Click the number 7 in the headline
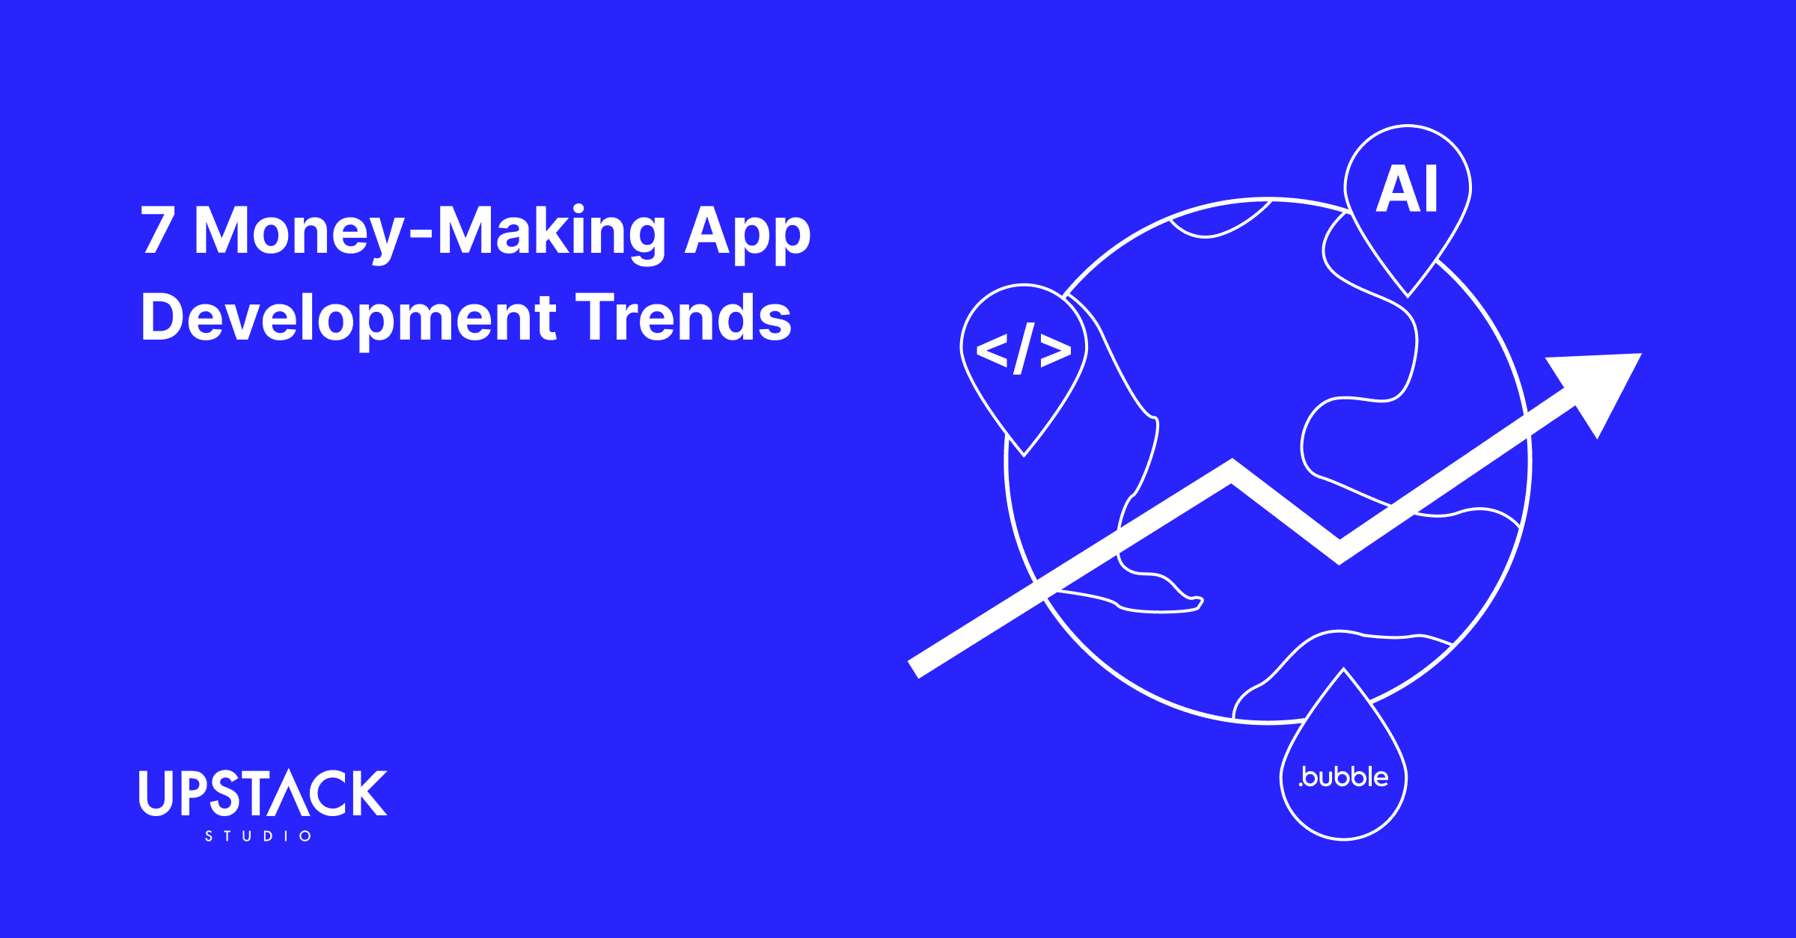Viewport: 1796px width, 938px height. [158, 230]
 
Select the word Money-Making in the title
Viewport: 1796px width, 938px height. [430, 232]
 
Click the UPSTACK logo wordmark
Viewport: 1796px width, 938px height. [263, 793]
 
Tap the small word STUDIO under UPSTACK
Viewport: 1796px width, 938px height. [258, 836]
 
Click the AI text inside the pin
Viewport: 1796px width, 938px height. [1407, 190]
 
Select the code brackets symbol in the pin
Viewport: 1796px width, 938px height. [1024, 349]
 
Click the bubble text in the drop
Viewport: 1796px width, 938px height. [1344, 777]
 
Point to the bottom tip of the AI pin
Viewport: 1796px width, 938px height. [1408, 295]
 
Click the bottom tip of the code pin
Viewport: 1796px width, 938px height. [1024, 453]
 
